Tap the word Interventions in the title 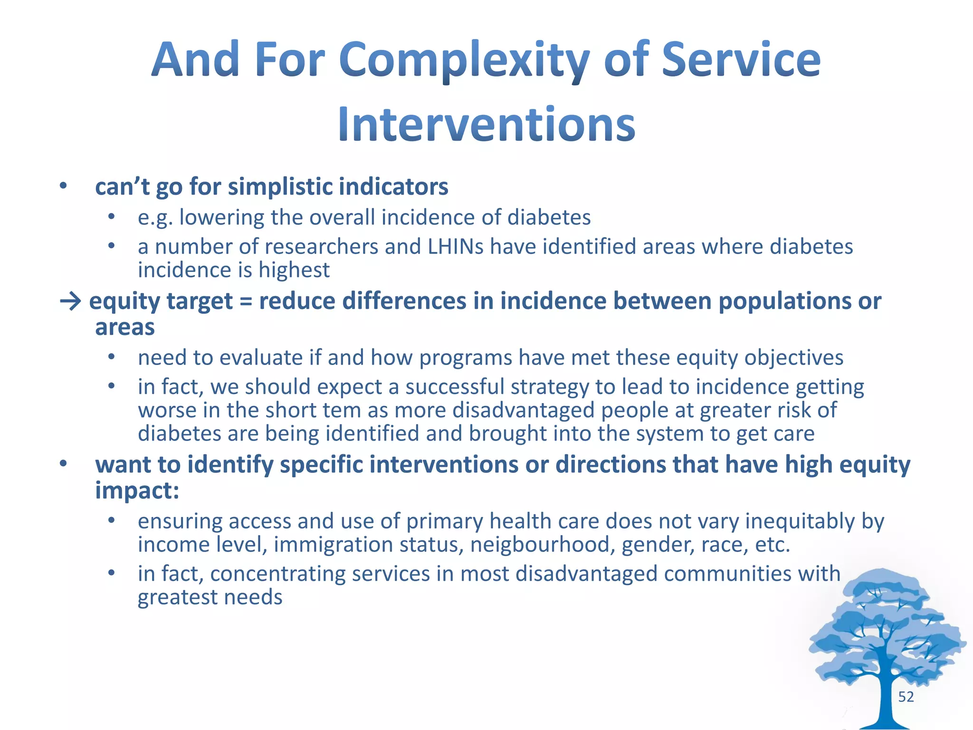point(486,125)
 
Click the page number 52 point(906,697)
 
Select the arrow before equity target point(71,301)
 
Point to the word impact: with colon point(137,490)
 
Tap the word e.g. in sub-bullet point(155,218)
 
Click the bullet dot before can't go point(63,186)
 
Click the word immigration point(333,545)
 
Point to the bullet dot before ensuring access point(111,521)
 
